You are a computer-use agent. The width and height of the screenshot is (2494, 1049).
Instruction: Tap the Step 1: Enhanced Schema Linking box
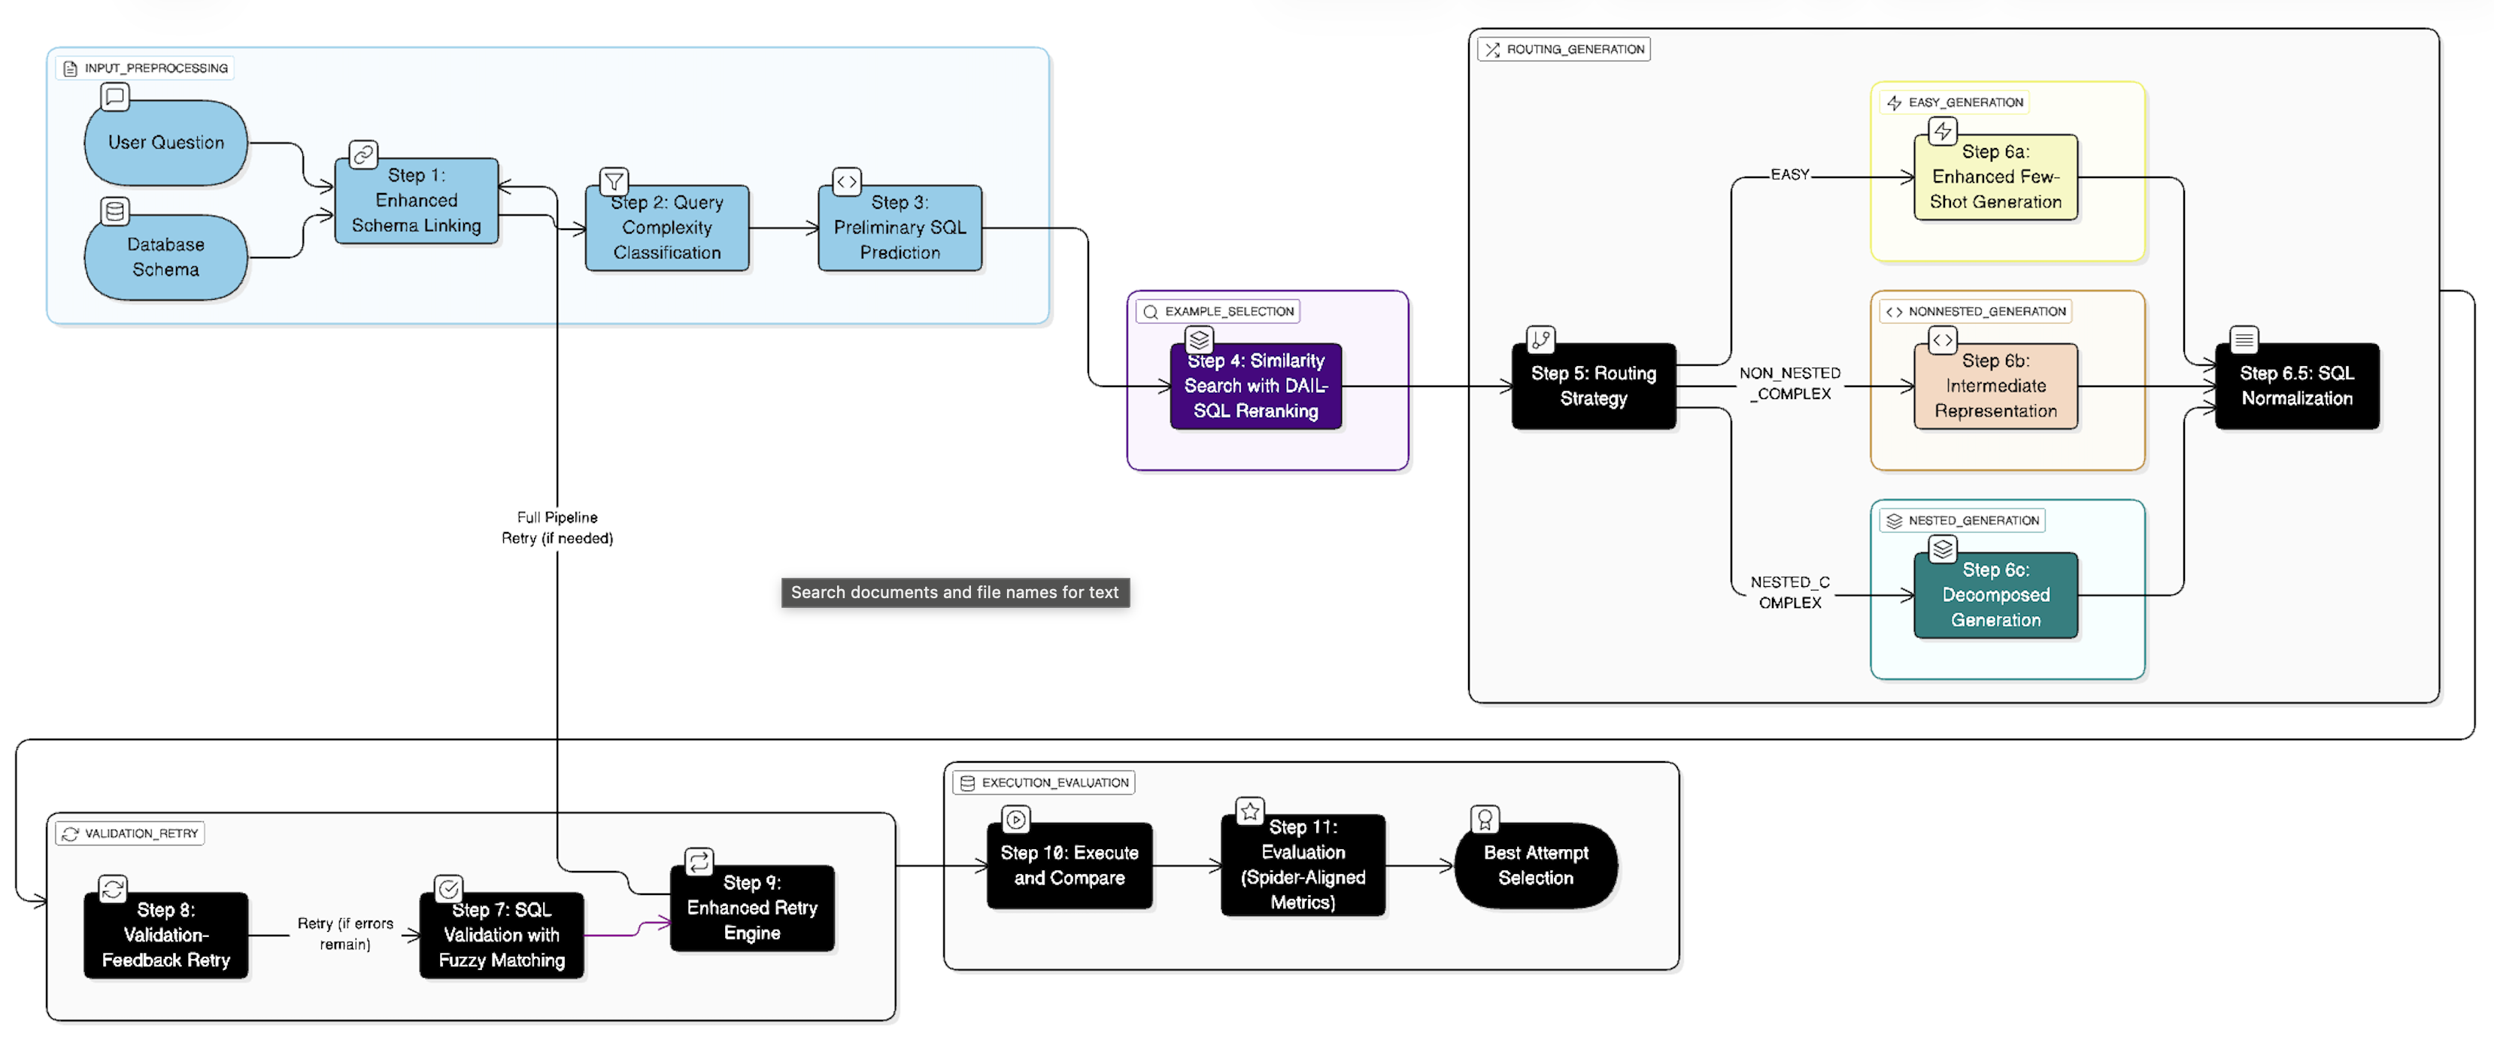coord(417,201)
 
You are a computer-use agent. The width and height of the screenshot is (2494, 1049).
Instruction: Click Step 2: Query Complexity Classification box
coord(666,228)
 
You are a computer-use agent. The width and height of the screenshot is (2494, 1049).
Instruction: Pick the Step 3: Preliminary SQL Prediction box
coord(900,228)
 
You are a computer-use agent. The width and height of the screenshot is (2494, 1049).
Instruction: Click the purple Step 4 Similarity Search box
coord(1256,386)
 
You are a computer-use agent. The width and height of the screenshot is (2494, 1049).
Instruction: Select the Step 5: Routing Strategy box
coord(1593,386)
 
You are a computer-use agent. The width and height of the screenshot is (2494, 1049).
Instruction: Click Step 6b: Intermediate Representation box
coord(1995,386)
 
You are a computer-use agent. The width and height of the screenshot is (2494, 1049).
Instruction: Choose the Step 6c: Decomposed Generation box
coord(1995,595)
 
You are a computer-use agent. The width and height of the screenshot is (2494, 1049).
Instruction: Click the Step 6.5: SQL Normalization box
coord(2296,386)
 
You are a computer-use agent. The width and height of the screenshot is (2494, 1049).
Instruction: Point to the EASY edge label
coord(1789,175)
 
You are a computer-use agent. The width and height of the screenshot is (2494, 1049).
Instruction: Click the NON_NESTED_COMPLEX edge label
coord(1790,384)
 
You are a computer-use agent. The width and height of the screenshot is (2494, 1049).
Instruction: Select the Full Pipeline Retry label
coord(557,528)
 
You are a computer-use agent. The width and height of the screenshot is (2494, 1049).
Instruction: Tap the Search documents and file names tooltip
coord(954,592)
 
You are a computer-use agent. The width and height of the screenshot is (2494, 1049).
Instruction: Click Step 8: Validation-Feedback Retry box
coord(165,935)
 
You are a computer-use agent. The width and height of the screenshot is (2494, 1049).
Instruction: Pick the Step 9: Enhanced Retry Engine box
coord(752,908)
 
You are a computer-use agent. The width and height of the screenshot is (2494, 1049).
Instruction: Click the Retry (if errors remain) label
coord(344,935)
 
